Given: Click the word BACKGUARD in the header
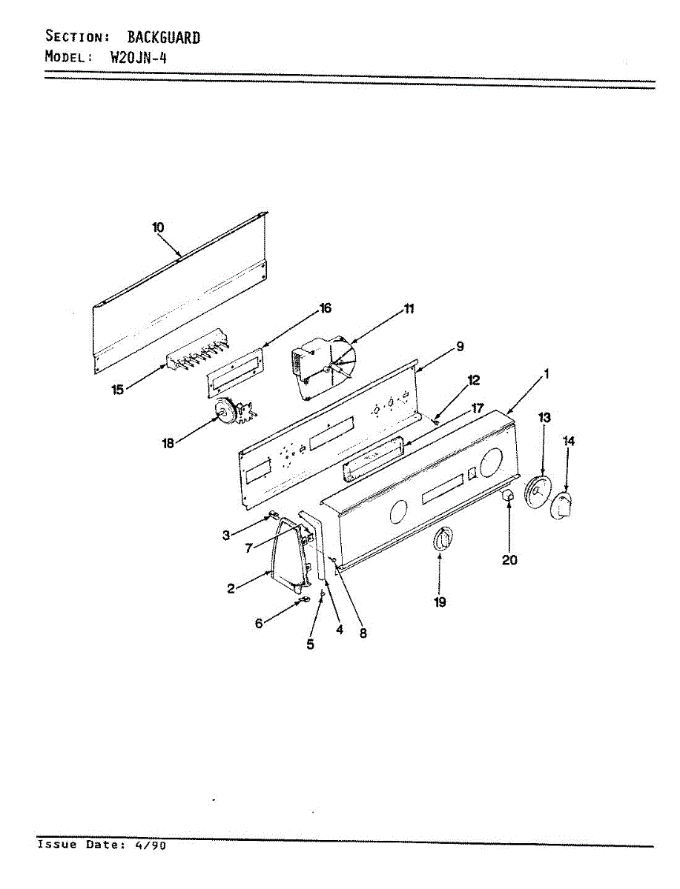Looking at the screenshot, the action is point(163,37).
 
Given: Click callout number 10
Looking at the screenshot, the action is point(158,227).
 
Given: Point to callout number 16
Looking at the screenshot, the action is point(325,308).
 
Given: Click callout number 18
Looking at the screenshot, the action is point(168,443).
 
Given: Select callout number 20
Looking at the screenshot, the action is point(509,560).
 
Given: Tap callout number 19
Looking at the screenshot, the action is point(440,602).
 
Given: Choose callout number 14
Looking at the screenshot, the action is point(569,442).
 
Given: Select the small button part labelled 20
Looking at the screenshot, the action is point(508,496).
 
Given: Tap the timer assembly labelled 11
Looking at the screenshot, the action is point(323,366).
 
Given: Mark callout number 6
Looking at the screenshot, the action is point(259,624).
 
